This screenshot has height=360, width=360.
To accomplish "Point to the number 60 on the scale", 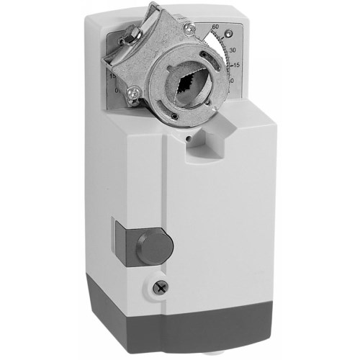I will click(x=215, y=27).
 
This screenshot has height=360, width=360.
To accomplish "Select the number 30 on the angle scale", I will click(x=232, y=49).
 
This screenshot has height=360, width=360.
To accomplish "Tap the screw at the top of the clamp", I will click(x=190, y=29).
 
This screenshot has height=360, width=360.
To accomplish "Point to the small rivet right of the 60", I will click(x=229, y=32).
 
